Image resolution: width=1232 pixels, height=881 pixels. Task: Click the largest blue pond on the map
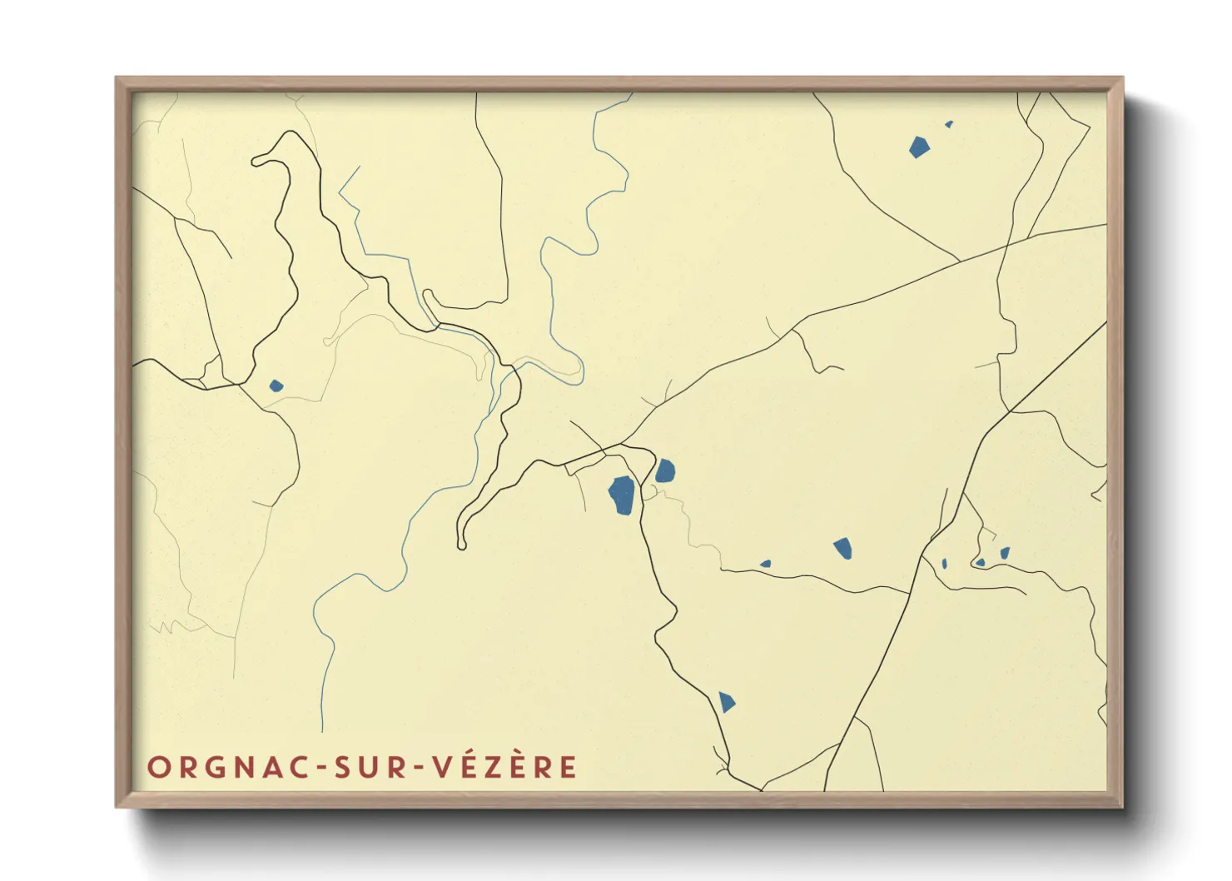(x=623, y=495)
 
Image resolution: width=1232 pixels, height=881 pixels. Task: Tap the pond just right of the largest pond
(x=665, y=471)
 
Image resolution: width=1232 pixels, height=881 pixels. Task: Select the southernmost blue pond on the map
(x=727, y=702)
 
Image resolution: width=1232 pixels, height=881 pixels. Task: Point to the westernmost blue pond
(x=276, y=386)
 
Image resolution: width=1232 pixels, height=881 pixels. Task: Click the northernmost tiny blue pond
(x=949, y=124)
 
